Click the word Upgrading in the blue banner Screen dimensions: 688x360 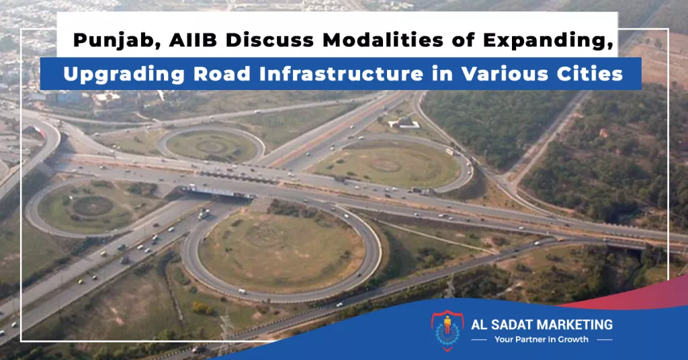click(124, 75)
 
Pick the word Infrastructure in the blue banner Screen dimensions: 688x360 click(341, 74)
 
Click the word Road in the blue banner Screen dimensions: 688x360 click(222, 74)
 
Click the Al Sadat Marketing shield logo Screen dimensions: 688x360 click(447, 330)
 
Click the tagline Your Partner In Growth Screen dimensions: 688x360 click(542, 339)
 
